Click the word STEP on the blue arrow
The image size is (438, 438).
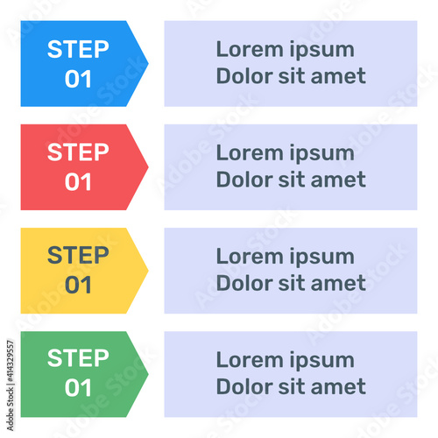(78, 49)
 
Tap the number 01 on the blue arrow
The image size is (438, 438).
(78, 79)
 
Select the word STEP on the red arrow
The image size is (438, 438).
(78, 152)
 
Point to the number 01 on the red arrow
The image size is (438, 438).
(78, 182)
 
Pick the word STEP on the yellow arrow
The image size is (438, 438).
(78, 256)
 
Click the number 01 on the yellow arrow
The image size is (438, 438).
(78, 286)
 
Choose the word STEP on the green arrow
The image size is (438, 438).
(78, 358)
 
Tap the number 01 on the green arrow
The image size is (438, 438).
(78, 388)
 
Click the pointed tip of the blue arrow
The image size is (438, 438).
(148, 63)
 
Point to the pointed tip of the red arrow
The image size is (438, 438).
(148, 167)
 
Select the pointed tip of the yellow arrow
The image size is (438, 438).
(148, 271)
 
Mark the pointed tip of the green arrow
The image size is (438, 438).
(148, 374)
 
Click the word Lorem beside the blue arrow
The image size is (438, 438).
(250, 49)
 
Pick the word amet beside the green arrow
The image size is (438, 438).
(338, 386)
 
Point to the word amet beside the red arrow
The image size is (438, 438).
(338, 180)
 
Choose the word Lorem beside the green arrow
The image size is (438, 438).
(250, 359)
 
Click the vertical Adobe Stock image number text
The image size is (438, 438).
(11, 385)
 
